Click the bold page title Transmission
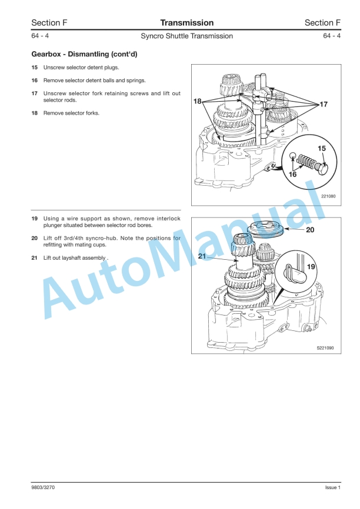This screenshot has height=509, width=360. tap(187, 23)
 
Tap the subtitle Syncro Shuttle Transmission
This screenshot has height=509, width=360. tap(187, 36)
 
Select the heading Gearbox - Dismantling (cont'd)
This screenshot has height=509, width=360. tap(85, 54)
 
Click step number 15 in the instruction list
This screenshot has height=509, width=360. tap(35, 68)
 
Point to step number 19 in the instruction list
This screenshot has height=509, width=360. tap(35, 219)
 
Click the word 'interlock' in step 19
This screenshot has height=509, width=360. tap(168, 219)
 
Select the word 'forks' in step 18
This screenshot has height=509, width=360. tap(92, 113)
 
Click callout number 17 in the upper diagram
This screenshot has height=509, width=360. tap(324, 104)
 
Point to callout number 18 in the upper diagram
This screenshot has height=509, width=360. tap(198, 101)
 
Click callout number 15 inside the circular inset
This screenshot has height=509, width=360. tap(322, 148)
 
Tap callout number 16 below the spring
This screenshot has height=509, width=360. tap(292, 175)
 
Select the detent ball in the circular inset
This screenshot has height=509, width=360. tap(293, 156)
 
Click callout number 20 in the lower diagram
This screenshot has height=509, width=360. tap(310, 230)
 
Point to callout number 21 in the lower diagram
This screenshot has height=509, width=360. tap(202, 256)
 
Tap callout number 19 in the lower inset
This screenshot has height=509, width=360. tap(311, 267)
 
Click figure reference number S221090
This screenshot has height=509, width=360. tap(325, 349)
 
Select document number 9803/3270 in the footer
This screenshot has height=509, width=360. tap(43, 488)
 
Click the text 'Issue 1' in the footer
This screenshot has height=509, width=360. tap(333, 488)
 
